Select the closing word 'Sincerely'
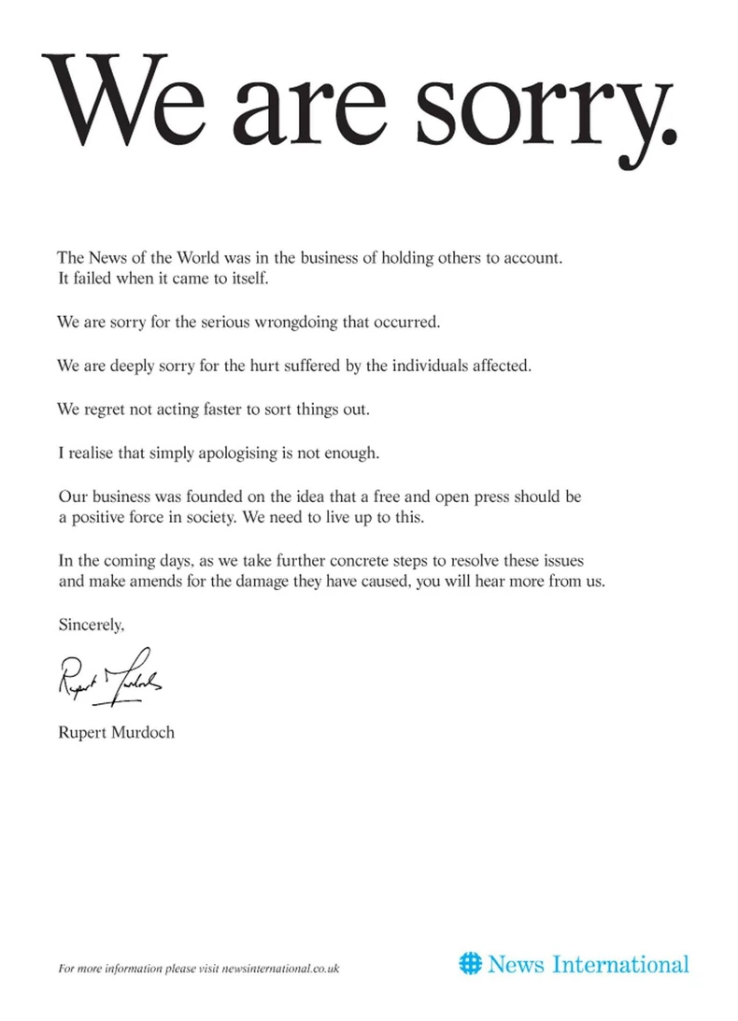[x=90, y=625]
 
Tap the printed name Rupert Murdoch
[x=116, y=732]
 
